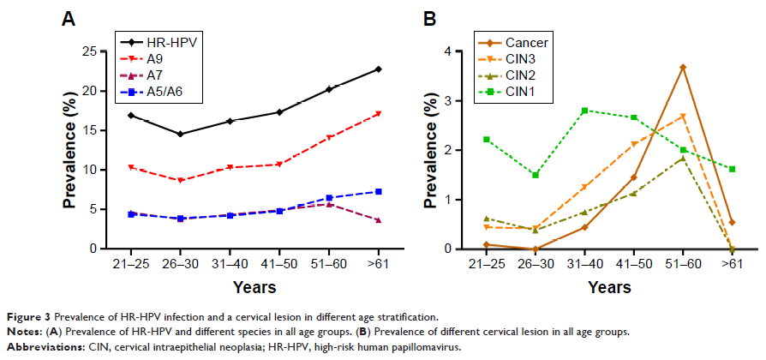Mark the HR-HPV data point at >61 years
(378, 69)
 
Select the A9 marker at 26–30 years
(180, 180)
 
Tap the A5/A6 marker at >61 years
(378, 191)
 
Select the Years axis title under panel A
(253, 287)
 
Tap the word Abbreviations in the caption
(41, 347)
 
